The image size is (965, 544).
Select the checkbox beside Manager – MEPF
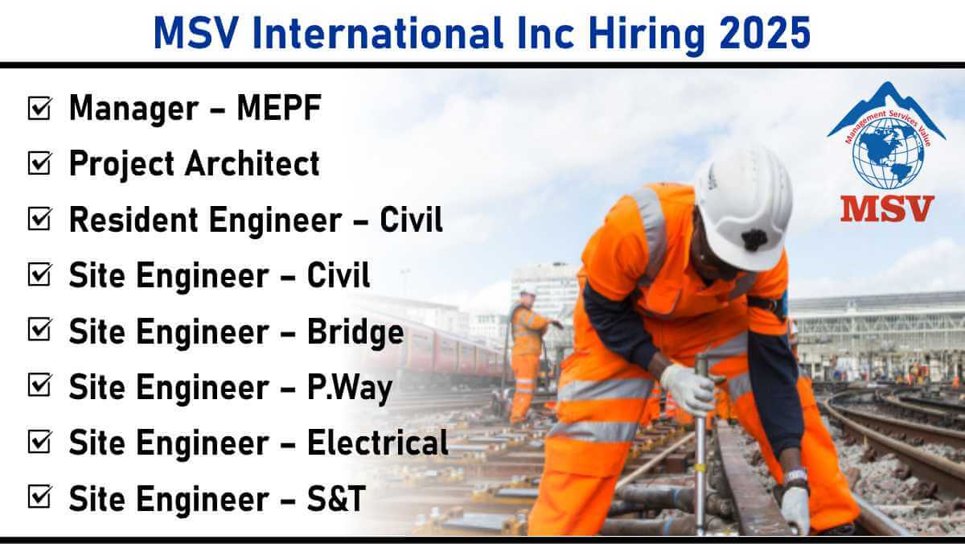tap(39, 108)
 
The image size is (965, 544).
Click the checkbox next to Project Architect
tap(39, 163)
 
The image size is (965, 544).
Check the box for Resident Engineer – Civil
tap(39, 219)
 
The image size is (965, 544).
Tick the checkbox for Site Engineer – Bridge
tap(39, 330)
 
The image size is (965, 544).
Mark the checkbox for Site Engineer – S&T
tap(39, 497)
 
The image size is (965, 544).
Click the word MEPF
tap(279, 107)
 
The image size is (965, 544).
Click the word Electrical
tap(378, 443)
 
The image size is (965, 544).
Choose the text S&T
tap(336, 498)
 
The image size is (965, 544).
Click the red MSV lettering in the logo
tap(887, 208)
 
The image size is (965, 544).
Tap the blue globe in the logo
tap(889, 154)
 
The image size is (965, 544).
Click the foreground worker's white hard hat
tap(745, 208)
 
